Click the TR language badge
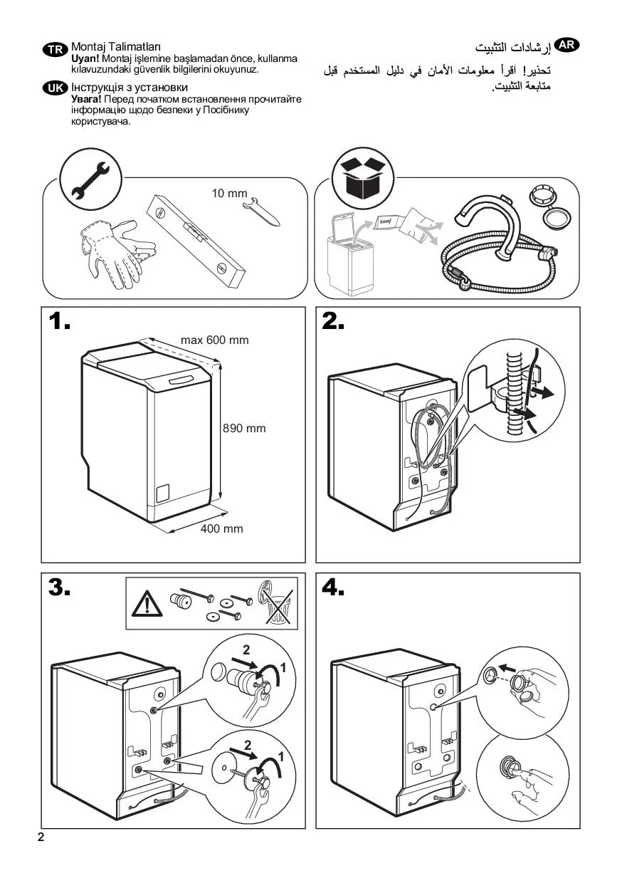click(54, 49)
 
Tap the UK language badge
click(54, 88)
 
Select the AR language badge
click(566, 44)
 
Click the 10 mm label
click(229, 193)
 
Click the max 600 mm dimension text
click(215, 340)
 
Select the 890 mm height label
click(245, 429)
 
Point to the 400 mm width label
click(221, 528)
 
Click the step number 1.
click(60, 322)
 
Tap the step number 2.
click(333, 322)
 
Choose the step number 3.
click(60, 588)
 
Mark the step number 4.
click(333, 588)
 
